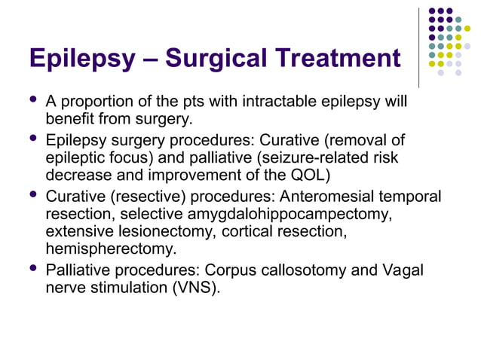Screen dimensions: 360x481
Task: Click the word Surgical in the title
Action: [x=213, y=58]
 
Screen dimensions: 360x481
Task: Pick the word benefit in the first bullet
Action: [x=70, y=119]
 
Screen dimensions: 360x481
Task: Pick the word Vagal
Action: [x=403, y=270]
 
